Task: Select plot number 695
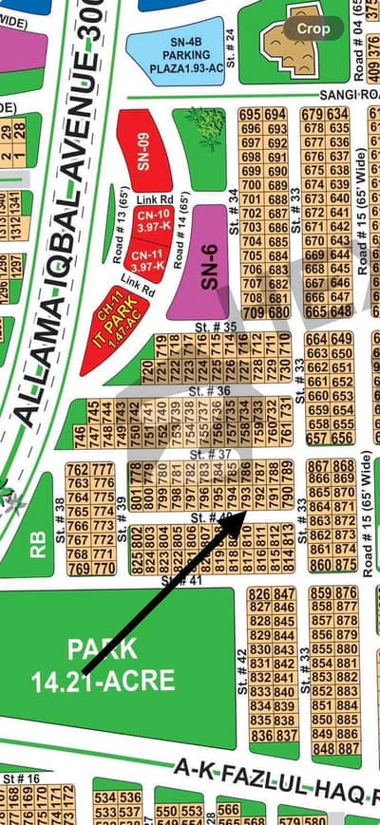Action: (251, 115)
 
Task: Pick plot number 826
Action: (259, 594)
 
